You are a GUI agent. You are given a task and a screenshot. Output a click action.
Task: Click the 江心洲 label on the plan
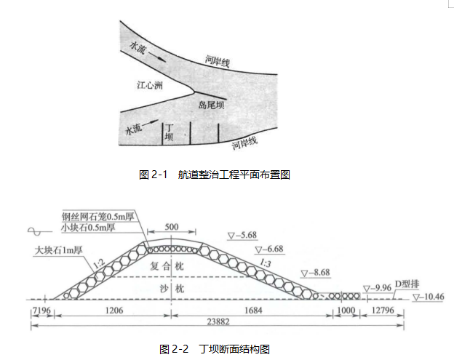(150, 85)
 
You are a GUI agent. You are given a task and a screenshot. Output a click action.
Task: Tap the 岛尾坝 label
(211, 105)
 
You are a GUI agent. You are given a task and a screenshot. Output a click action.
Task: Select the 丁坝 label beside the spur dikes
(169, 132)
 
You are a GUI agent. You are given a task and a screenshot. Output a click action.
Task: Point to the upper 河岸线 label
(218, 61)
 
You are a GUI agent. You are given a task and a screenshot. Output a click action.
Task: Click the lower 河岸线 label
(244, 143)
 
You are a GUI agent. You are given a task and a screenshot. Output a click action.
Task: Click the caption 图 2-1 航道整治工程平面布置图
(215, 175)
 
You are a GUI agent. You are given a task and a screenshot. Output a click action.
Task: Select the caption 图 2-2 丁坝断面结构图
(215, 349)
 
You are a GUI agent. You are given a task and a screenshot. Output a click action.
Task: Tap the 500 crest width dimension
(172, 227)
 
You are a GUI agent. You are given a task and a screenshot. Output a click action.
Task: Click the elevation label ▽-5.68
(242, 236)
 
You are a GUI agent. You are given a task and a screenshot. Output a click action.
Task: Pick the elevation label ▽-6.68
(269, 249)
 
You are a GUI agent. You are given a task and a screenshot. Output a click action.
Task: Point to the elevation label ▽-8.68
(315, 273)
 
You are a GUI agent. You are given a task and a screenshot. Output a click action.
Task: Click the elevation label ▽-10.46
(429, 297)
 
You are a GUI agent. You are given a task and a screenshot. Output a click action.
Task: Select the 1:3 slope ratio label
(266, 263)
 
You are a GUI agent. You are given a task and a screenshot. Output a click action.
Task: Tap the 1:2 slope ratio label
(99, 264)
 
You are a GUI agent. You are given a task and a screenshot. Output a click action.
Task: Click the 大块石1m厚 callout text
(58, 250)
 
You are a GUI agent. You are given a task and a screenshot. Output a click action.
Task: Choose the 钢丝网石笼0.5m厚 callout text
(98, 216)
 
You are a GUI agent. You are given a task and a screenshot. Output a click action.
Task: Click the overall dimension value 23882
(218, 321)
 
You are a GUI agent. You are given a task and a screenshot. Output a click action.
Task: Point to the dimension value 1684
(253, 311)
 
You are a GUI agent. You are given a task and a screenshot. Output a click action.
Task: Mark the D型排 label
(407, 284)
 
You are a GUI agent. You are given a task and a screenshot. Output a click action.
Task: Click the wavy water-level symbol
(40, 231)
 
